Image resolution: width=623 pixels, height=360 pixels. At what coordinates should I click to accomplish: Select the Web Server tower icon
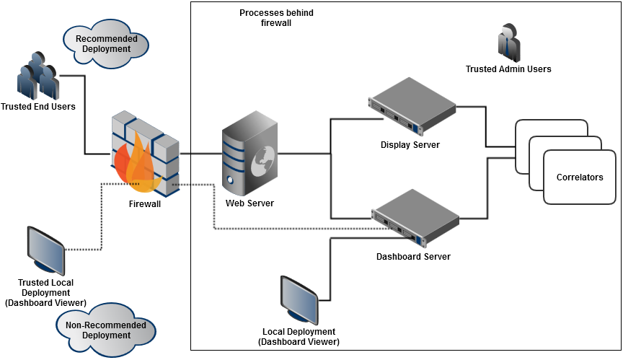click(x=249, y=156)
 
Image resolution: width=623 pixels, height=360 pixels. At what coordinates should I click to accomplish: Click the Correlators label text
click(x=579, y=177)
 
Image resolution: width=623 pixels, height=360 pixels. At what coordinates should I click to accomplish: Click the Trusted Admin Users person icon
click(x=508, y=41)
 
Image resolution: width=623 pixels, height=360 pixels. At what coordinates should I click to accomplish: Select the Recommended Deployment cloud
click(x=107, y=44)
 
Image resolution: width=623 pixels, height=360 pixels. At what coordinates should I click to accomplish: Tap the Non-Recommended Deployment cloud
click(x=105, y=330)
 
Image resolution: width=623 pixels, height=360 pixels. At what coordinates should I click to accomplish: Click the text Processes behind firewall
click(x=276, y=18)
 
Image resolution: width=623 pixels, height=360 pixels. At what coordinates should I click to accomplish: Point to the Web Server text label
click(x=249, y=203)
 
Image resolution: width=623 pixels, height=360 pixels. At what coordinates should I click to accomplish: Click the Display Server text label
click(x=410, y=145)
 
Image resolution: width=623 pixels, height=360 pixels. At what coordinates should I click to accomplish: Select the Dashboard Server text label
click(x=413, y=257)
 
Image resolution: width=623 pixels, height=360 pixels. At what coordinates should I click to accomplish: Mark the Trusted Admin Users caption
click(x=508, y=69)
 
